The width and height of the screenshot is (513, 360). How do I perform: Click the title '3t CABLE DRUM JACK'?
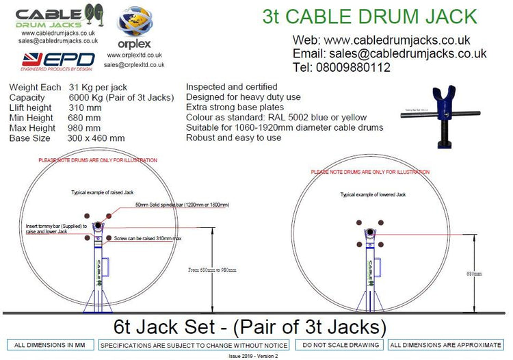pyautogui.click(x=369, y=16)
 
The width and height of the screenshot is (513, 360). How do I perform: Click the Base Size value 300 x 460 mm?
pyautogui.click(x=96, y=138)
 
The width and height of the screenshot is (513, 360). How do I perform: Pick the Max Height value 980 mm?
pyautogui.click(x=84, y=127)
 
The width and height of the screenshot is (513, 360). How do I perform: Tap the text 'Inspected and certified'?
pyautogui.click(x=231, y=87)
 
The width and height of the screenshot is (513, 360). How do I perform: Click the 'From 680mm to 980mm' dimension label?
pyautogui.click(x=212, y=270)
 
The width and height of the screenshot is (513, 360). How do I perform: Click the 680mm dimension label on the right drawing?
pyautogui.click(x=473, y=273)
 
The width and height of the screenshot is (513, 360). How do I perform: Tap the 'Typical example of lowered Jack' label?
pyautogui.click(x=373, y=195)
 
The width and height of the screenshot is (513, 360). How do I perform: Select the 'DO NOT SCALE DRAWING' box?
pyautogui.click(x=339, y=345)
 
